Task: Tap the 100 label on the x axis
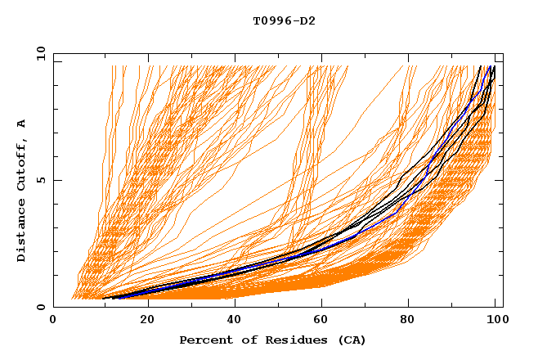495,322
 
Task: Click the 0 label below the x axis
54,322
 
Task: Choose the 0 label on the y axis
41,308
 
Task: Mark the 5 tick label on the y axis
41,180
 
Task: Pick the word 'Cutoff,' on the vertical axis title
22,169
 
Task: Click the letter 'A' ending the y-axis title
22,124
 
